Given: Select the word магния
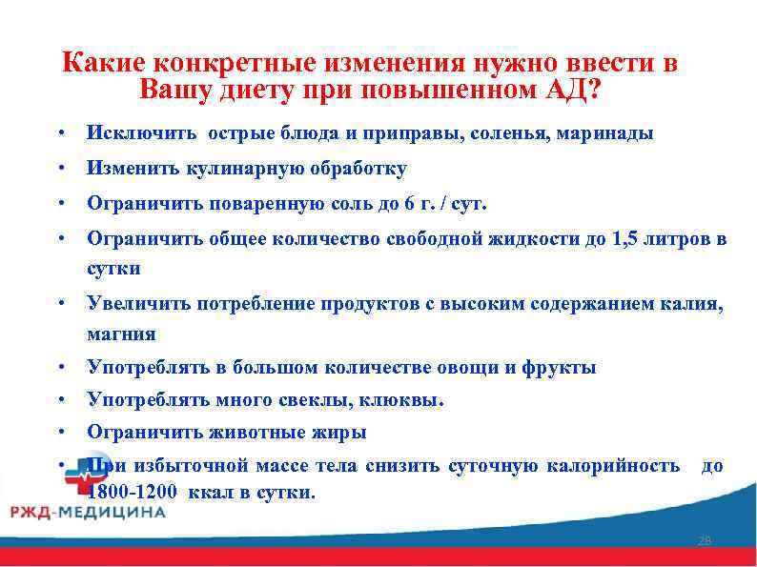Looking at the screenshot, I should pos(121,334).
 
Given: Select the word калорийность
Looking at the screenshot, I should pos(614,466).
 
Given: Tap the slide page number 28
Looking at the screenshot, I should pos(706,541).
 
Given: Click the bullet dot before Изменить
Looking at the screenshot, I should pos(60,169).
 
